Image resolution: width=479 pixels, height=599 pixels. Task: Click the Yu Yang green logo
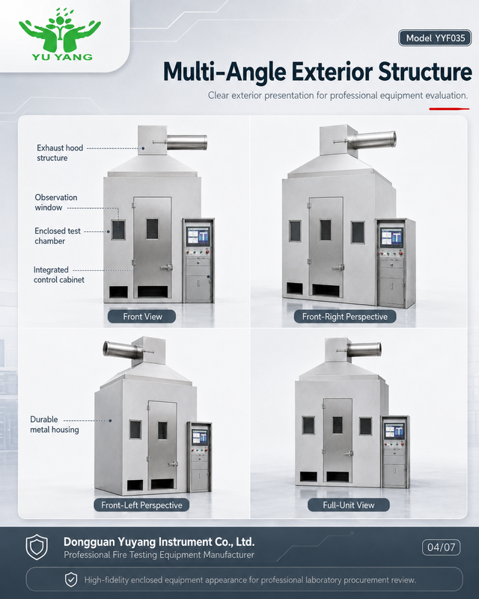pos(60,34)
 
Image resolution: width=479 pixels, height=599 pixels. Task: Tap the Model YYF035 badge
pos(435,38)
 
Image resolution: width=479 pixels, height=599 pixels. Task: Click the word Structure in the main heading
pos(425,72)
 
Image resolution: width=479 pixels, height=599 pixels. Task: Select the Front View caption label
pos(141,317)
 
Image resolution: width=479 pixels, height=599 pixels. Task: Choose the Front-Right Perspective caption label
pos(345,317)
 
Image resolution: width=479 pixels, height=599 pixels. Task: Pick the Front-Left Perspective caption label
pos(141,505)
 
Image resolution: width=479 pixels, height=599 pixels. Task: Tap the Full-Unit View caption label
pos(349,505)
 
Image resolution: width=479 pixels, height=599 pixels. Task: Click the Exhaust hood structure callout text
pos(60,153)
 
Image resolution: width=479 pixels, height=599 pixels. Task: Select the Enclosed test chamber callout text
pos(58,236)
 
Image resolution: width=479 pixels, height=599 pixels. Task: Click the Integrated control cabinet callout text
pos(59,275)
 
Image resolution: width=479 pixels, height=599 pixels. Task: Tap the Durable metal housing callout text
pos(55,425)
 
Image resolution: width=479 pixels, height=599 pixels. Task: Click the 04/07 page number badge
pos(441,547)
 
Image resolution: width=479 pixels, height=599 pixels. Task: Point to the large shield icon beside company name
pos(37,547)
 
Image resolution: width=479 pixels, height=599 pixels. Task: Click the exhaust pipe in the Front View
pos(186,142)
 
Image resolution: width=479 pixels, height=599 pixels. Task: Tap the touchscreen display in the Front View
pos(198,236)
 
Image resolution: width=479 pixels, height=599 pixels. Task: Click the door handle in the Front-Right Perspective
pos(338,267)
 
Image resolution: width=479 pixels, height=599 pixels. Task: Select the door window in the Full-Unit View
pos(338,425)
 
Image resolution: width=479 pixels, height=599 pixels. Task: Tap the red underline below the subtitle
pos(449,109)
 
